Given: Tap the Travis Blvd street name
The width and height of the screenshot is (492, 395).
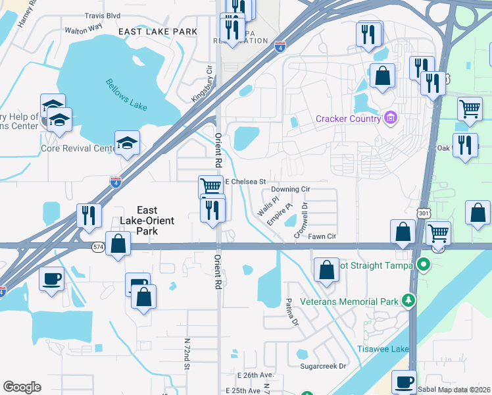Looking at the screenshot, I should pyautogui.click(x=102, y=14).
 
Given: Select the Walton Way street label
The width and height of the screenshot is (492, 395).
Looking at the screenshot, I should pyautogui.click(x=84, y=30).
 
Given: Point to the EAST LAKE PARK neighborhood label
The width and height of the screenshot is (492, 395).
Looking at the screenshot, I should pyautogui.click(x=158, y=32).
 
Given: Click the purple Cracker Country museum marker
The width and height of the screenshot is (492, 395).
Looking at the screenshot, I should pyautogui.click(x=391, y=118).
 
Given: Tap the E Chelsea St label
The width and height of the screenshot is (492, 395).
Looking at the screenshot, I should pyautogui.click(x=245, y=182).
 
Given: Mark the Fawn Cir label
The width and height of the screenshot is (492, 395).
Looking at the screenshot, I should pyautogui.click(x=322, y=236).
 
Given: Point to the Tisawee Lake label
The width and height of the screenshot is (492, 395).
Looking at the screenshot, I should pyautogui.click(x=382, y=349).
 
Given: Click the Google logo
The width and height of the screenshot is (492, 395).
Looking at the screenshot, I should pyautogui.click(x=22, y=387).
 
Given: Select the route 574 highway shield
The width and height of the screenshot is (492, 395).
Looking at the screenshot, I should pyautogui.click(x=99, y=246).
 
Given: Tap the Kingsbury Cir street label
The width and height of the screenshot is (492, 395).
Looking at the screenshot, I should pyautogui.click(x=201, y=83).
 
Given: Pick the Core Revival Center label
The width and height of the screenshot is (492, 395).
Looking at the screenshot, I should pyautogui.click(x=78, y=148).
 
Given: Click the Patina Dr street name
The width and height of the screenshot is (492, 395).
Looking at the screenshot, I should pyautogui.click(x=292, y=312).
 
